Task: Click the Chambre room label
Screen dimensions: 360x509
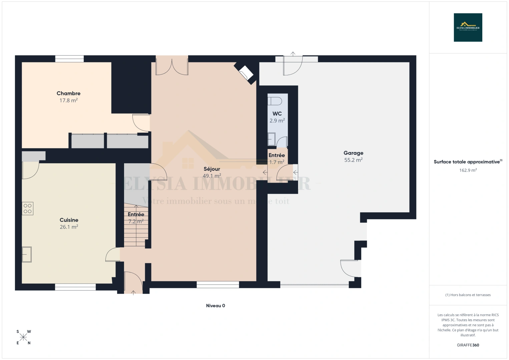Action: pyautogui.click(x=68, y=93)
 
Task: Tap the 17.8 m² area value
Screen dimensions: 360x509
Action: pyautogui.click(x=68, y=100)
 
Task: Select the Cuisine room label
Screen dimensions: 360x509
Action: pyautogui.click(x=69, y=220)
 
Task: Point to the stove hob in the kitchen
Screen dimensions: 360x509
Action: pyautogui.click(x=28, y=209)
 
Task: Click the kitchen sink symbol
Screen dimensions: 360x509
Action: pyautogui.click(x=27, y=254)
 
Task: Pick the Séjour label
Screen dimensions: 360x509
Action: pyautogui.click(x=212, y=169)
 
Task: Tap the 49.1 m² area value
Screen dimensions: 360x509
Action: pyautogui.click(x=212, y=176)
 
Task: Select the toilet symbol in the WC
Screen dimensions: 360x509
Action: pyautogui.click(x=275, y=101)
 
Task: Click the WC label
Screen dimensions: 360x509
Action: pyautogui.click(x=277, y=114)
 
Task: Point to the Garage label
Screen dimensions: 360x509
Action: pyautogui.click(x=353, y=153)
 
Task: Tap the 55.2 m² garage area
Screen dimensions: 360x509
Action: pyautogui.click(x=353, y=160)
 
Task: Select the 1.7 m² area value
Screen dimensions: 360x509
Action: pyautogui.click(x=277, y=162)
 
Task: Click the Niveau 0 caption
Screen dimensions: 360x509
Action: pyautogui.click(x=215, y=306)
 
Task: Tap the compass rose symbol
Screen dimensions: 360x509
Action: pyautogui.click(x=23, y=337)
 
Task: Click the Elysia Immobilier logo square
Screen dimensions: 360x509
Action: pyautogui.click(x=468, y=27)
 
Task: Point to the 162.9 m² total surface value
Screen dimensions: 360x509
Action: pyautogui.click(x=468, y=170)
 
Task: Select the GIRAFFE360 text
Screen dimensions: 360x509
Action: pyautogui.click(x=468, y=345)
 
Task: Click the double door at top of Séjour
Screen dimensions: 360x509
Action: pyautogui.click(x=172, y=66)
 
